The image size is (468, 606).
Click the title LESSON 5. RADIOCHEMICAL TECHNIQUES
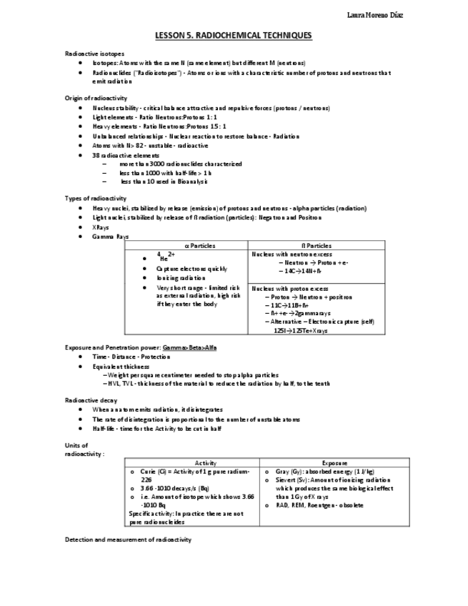[234, 35]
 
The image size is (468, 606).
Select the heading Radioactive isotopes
[94, 54]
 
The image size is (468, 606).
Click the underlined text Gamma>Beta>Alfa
[189, 347]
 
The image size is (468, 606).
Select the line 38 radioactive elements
[126, 155]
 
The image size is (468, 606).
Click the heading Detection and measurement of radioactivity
[128, 539]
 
